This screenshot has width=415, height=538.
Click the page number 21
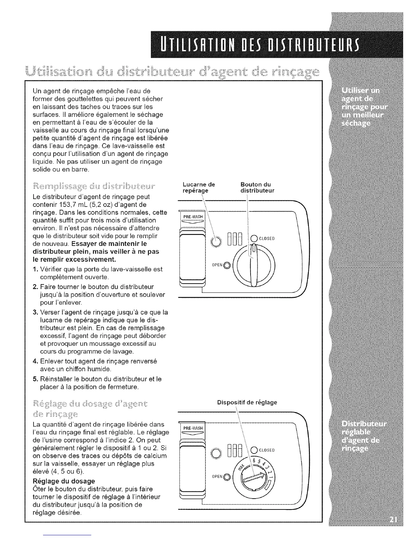[x=393, y=521]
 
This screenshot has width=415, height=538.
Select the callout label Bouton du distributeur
[x=257, y=187]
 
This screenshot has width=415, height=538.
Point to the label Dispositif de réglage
[x=247, y=402]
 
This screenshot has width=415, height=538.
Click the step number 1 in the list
[x=35, y=269]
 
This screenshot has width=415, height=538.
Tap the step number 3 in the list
[x=35, y=312]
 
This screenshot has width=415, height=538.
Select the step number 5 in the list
[x=35, y=379]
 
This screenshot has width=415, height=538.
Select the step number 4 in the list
[x=35, y=361]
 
